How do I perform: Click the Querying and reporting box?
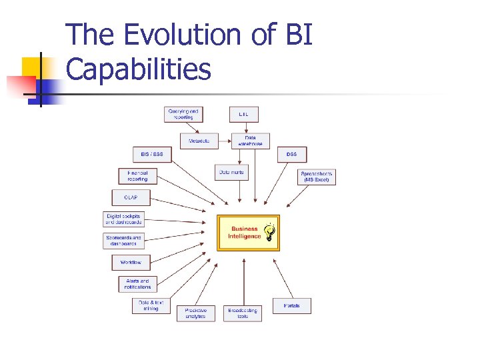click(183, 114)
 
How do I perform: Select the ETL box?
click(243, 114)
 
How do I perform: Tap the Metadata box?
click(199, 141)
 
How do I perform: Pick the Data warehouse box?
click(250, 141)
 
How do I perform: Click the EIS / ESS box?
click(151, 154)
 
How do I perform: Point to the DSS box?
click(292, 154)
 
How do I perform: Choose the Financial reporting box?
click(137, 176)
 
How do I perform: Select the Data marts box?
click(231, 172)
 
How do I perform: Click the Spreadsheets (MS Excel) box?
click(317, 177)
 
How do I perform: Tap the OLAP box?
click(131, 197)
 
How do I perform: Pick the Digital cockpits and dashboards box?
click(124, 219)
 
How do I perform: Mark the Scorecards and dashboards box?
click(124, 240)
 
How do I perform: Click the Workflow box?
click(131, 262)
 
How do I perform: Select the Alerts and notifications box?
click(137, 284)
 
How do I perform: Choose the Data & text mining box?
click(151, 305)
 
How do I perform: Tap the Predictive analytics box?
click(196, 313)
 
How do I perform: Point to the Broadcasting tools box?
click(243, 313)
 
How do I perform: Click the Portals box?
click(291, 306)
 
